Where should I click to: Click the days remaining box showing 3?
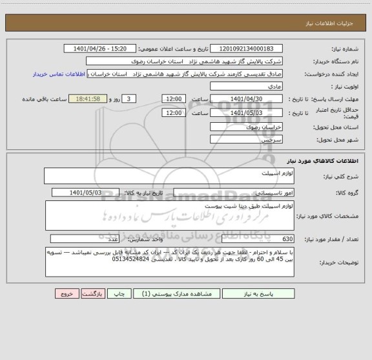130,98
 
